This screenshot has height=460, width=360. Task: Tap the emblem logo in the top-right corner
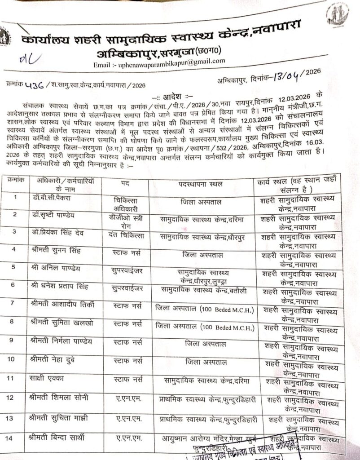338,15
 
